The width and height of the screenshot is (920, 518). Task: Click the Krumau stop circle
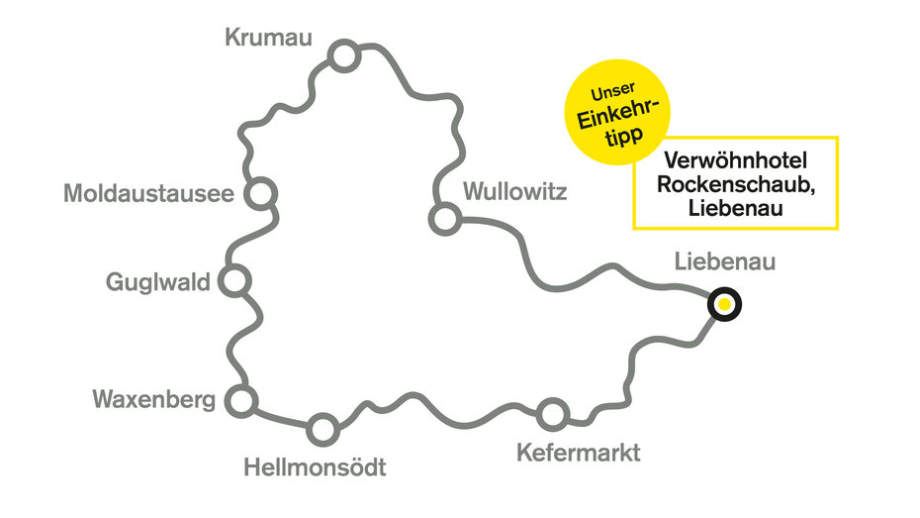pyautogui.click(x=343, y=57)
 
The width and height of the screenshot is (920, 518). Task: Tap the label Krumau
pyautogui.click(x=268, y=38)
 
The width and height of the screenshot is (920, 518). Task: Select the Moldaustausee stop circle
pyautogui.click(x=261, y=192)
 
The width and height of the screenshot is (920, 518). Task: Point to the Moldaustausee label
pyautogui.click(x=148, y=193)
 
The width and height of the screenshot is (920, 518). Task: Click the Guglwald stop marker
pyautogui.click(x=233, y=282)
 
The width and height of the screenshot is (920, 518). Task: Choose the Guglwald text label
pyautogui.click(x=158, y=283)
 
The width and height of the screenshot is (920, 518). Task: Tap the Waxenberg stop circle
pyautogui.click(x=240, y=401)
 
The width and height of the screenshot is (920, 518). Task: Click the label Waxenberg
pyautogui.click(x=153, y=400)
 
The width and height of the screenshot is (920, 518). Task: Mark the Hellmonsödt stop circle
pyautogui.click(x=322, y=429)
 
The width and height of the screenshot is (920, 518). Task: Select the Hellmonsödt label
pyautogui.click(x=315, y=466)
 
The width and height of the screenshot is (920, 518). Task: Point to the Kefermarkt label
pyautogui.click(x=579, y=454)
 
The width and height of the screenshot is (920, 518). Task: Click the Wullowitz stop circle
pyautogui.click(x=444, y=218)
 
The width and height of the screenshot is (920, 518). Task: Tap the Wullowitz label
pyautogui.click(x=514, y=191)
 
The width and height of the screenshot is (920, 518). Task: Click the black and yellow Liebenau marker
pyautogui.click(x=725, y=305)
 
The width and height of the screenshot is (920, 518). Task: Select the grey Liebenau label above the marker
pyautogui.click(x=724, y=262)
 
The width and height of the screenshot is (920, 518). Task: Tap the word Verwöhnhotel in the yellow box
pyautogui.click(x=735, y=160)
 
